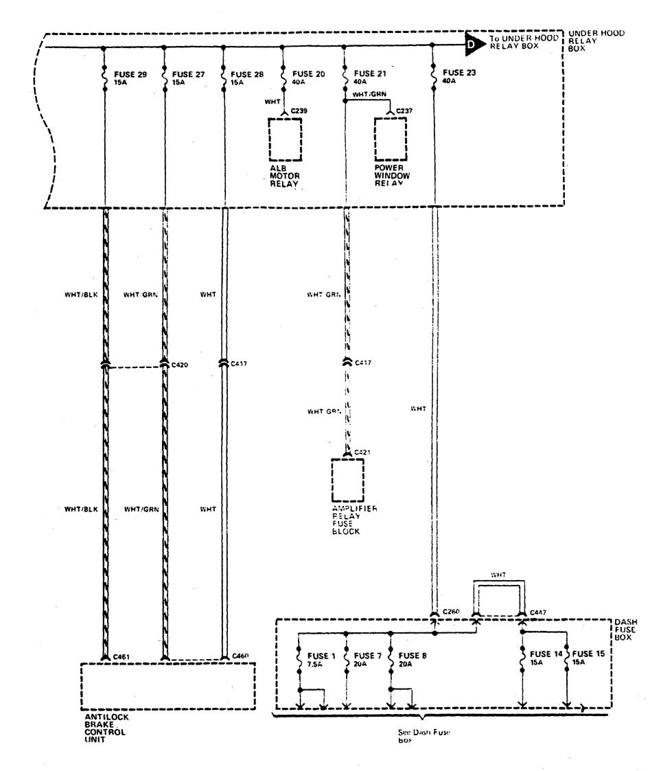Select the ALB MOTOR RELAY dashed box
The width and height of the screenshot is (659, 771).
pyautogui.click(x=284, y=139)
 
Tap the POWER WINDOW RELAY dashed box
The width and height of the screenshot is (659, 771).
pyautogui.click(x=392, y=139)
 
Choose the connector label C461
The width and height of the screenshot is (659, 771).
pyautogui.click(x=122, y=657)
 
